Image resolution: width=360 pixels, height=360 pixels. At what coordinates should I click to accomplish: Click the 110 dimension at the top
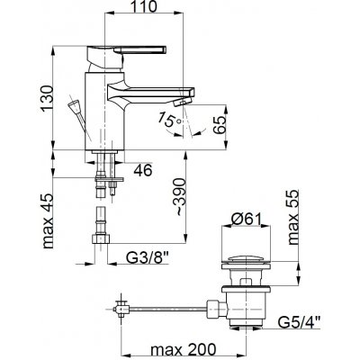click(x=144, y=6)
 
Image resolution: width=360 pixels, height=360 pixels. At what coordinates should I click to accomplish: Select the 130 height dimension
click(x=47, y=98)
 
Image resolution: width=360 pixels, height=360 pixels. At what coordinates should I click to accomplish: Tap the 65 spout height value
click(x=219, y=126)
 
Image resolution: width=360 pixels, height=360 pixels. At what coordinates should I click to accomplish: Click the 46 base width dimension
click(x=143, y=171)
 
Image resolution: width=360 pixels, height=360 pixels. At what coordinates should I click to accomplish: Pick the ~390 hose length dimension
click(x=181, y=196)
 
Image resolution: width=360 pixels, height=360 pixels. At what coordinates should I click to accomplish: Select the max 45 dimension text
click(x=47, y=221)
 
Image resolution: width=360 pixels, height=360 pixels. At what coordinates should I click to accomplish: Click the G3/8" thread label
click(x=147, y=257)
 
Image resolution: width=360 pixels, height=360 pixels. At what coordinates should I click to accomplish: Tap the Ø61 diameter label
click(x=247, y=219)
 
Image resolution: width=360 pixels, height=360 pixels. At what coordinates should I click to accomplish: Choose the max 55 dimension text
click(x=293, y=217)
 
